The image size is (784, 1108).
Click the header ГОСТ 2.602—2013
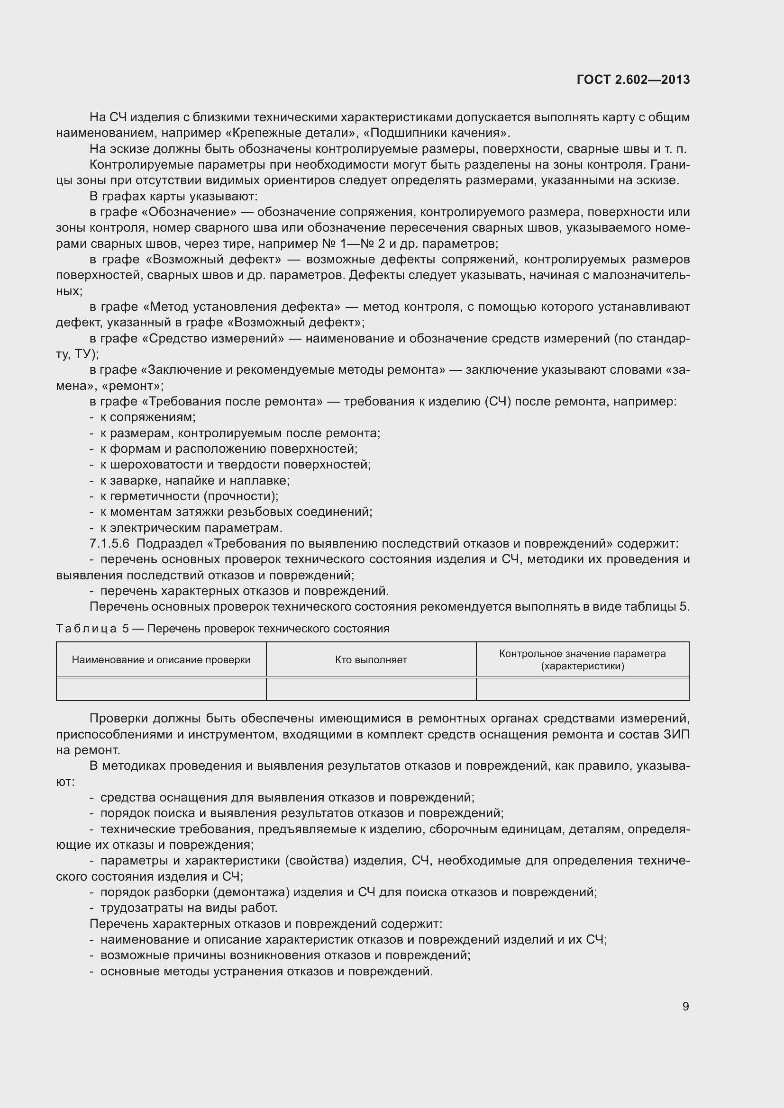633,80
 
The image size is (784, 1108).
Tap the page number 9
685,1006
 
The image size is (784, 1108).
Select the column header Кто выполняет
371,660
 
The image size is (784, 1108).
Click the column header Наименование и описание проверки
161,660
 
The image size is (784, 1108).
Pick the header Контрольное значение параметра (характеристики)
582,660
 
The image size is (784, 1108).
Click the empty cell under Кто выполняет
371,689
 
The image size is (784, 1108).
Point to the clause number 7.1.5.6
109,543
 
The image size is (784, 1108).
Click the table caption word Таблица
86,628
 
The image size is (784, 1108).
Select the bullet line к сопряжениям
148,417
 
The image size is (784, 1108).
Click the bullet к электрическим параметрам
191,527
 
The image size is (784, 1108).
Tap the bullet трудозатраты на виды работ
189,908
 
